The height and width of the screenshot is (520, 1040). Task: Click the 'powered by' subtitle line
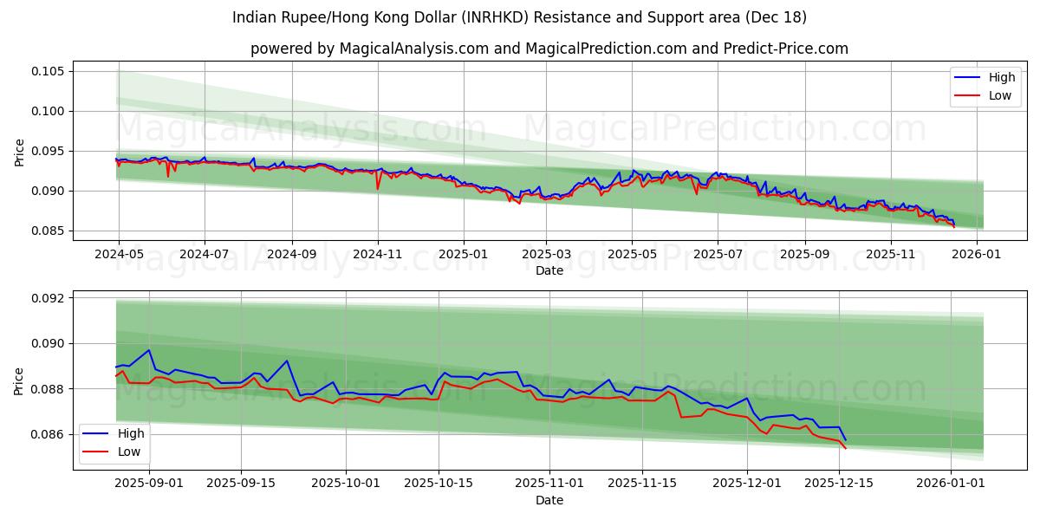[x=549, y=49]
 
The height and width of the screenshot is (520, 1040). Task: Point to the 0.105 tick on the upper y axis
[x=49, y=71]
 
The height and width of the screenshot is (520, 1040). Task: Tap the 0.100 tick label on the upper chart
[x=49, y=111]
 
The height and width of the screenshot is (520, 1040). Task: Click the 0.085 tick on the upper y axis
[x=49, y=231]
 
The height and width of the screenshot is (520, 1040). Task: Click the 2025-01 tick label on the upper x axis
[x=463, y=254]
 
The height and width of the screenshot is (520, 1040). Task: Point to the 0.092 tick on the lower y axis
[x=49, y=298]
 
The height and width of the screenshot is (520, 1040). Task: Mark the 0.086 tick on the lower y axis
[x=49, y=434]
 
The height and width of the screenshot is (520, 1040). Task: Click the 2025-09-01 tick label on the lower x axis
[x=149, y=484]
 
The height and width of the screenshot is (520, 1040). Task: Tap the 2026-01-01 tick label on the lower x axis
[x=951, y=484]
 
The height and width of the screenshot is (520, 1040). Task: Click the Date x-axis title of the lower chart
[x=549, y=500]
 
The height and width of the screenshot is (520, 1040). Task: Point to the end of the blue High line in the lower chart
[x=845, y=439]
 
